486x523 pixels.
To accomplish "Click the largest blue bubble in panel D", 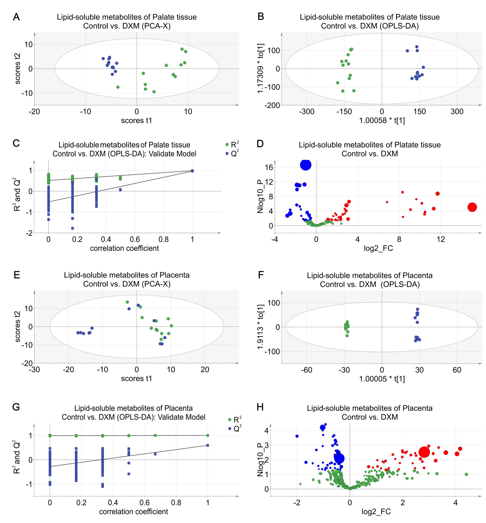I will pyautogui.click(x=306, y=165).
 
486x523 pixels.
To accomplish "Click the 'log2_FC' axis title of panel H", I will pyautogui.click(x=376, y=511).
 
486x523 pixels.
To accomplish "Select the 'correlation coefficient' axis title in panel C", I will pyautogui.click(x=124, y=248).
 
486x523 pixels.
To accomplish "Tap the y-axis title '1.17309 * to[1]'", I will pyautogui.click(x=260, y=68).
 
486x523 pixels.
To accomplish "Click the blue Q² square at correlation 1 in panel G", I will pyautogui.click(x=207, y=445).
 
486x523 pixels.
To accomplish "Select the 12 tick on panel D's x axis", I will pyautogui.click(x=441, y=239).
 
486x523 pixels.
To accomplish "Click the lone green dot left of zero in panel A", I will pyautogui.click(x=118, y=87).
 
